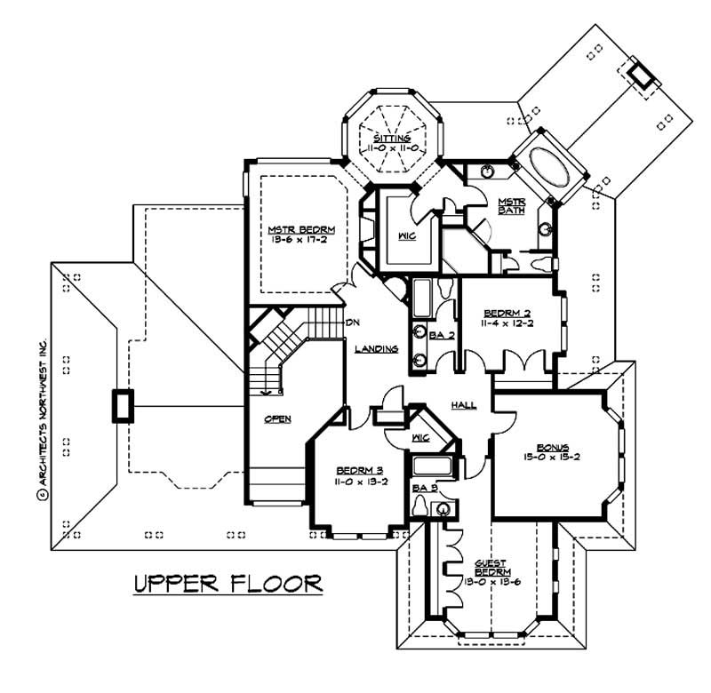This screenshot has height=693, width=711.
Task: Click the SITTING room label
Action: tap(392, 139)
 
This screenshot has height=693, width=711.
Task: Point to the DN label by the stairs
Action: tap(353, 322)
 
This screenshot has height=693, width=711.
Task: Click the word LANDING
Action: tap(375, 350)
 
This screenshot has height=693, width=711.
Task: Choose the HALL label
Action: tap(463, 405)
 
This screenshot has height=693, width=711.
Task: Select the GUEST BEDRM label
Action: tap(491, 567)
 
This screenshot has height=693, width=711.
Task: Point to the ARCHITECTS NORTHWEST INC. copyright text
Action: tap(42, 409)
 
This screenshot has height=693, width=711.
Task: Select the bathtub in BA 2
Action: tap(422, 298)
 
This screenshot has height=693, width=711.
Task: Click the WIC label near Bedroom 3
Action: tap(421, 437)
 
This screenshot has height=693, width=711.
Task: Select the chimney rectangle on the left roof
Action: tap(119, 407)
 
